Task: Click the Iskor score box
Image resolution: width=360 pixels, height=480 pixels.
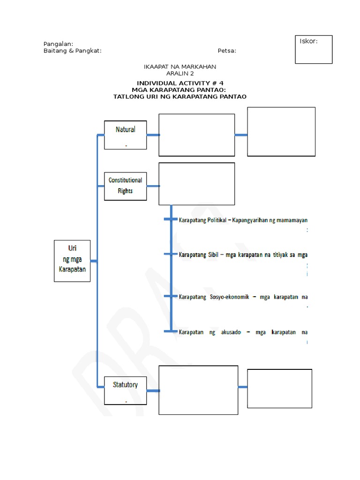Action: click(x=314, y=49)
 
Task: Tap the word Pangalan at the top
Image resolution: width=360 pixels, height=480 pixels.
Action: click(x=58, y=44)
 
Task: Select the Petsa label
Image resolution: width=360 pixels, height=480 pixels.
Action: click(x=227, y=51)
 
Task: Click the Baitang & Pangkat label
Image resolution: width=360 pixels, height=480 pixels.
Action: click(x=72, y=51)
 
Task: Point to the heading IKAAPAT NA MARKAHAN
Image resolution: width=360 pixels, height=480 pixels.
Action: click(x=180, y=67)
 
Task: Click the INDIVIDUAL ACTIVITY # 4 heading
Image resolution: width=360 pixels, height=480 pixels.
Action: click(x=180, y=83)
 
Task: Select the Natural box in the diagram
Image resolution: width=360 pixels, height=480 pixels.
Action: click(x=125, y=135)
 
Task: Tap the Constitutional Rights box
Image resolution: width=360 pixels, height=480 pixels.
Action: click(x=125, y=186)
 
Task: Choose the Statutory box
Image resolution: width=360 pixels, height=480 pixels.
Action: click(x=125, y=390)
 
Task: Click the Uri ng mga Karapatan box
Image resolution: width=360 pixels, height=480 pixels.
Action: click(x=72, y=261)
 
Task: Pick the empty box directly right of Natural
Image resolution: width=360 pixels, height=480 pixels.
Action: click(x=196, y=135)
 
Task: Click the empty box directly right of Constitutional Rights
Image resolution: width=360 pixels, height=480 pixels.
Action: click(x=196, y=184)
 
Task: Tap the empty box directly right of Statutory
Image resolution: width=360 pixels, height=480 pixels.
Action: click(x=198, y=390)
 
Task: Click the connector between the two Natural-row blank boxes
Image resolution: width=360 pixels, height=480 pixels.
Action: click(x=241, y=135)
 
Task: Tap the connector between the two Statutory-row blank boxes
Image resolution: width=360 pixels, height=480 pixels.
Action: click(x=243, y=387)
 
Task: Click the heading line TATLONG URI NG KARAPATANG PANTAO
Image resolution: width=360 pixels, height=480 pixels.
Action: click(x=180, y=97)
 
